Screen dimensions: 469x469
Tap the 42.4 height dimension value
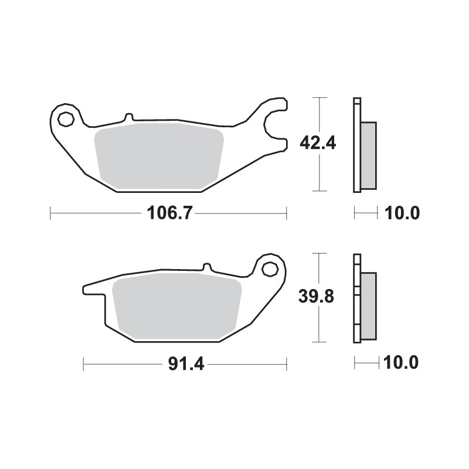[317, 142]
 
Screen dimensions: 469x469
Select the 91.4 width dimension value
[185, 364]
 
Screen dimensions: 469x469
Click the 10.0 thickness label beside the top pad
[402, 213]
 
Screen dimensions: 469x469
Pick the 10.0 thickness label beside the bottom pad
[402, 363]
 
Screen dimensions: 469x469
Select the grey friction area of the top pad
[159, 155]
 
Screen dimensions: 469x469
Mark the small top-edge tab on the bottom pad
[207, 266]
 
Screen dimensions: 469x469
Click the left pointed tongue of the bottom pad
[94, 288]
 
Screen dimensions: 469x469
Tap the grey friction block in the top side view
[368, 155]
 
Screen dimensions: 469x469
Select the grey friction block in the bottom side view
[368, 306]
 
